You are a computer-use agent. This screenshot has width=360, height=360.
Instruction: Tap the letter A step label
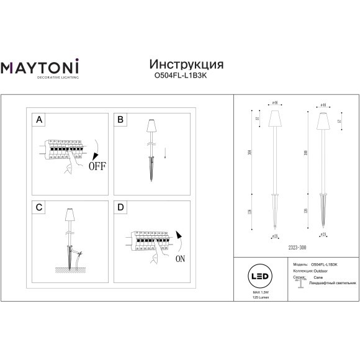(x=38, y=119)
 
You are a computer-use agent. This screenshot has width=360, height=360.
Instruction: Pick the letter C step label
(x=38, y=206)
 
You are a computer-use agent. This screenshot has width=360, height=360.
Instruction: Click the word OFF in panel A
(x=97, y=166)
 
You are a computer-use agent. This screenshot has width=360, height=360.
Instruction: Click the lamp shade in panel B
(x=151, y=127)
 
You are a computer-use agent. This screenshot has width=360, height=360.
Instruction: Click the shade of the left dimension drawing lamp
(x=274, y=117)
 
